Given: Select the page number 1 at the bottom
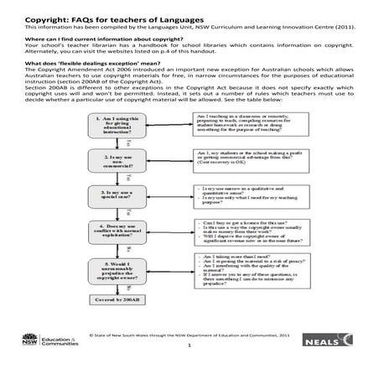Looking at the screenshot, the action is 190,367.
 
